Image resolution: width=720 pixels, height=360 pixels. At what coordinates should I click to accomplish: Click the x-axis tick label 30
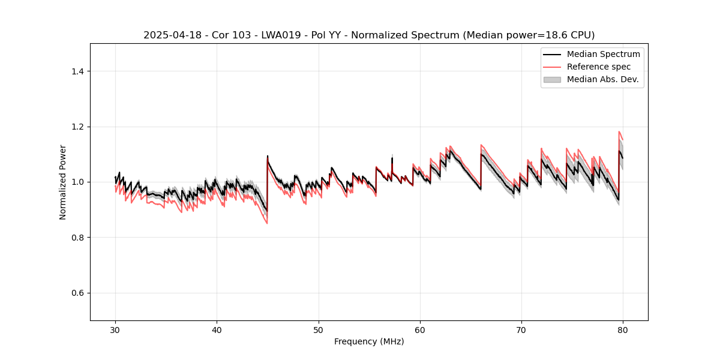coord(115,329)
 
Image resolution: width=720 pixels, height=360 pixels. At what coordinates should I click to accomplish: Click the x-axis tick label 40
coord(217,329)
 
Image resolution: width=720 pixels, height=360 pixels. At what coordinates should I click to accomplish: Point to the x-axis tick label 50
coord(319,329)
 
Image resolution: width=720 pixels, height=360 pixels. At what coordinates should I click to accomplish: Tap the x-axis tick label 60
coord(420,329)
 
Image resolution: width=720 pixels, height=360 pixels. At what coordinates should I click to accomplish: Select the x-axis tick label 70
coord(521,329)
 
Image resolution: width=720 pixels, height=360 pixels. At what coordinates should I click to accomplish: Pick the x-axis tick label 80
coord(623,329)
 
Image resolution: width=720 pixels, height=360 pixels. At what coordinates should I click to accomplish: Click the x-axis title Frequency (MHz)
coord(369,341)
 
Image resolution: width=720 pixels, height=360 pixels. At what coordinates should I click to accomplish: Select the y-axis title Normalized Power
coord(63,182)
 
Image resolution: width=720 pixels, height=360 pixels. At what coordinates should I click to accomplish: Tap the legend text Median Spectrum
coord(603,54)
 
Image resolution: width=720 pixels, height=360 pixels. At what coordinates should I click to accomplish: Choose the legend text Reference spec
coord(598,67)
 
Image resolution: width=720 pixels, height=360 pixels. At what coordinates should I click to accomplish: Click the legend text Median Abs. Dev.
coord(602,79)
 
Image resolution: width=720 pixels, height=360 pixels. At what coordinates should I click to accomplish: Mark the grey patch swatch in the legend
coord(552,79)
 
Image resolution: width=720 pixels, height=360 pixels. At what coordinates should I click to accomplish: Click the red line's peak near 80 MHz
coord(619,131)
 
